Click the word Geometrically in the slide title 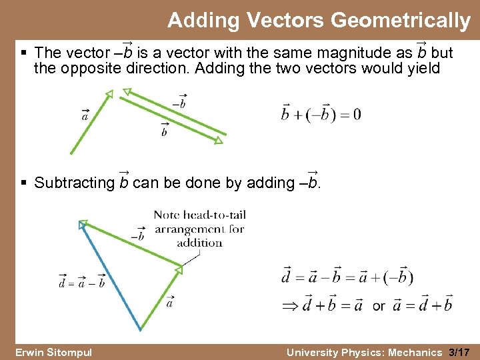(400, 21)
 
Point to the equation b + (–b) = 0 (321, 114)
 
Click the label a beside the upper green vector (85, 115)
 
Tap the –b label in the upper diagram (179, 103)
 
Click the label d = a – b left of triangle (81, 281)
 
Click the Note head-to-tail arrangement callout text (199, 228)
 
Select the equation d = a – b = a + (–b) (347, 276)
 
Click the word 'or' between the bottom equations (379, 306)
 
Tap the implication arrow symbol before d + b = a (290, 306)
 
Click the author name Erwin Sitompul (53, 352)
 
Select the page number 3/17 (460, 352)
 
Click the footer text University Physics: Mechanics (365, 352)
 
